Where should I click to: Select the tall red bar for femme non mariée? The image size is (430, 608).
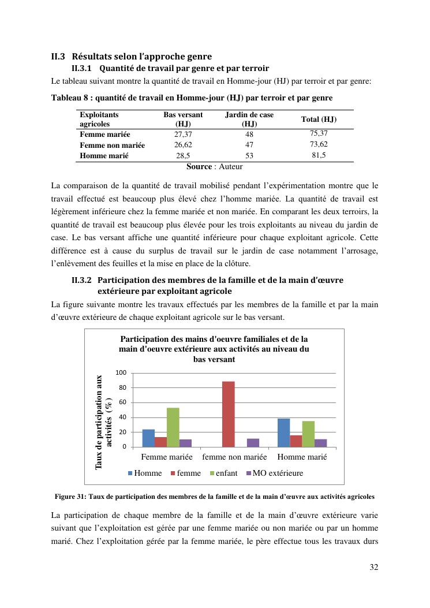tap(229, 414)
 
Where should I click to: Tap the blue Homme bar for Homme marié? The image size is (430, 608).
tap(283, 432)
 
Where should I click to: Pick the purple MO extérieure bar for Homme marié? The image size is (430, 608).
tap(321, 443)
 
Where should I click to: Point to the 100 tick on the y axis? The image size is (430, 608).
tap(121, 373)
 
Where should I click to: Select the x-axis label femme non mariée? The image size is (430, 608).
tap(234, 457)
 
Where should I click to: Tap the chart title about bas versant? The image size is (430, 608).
tap(214, 349)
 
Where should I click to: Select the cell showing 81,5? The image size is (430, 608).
tap(319, 156)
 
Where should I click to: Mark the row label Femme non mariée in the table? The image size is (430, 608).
tap(112, 146)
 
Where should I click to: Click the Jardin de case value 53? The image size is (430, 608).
tap(249, 156)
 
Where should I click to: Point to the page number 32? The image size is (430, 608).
tap(374, 567)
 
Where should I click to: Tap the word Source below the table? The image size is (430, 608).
tap(199, 167)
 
